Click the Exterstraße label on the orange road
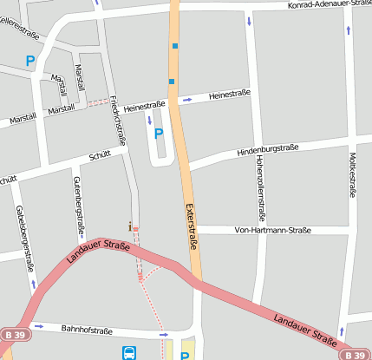(x=190, y=226)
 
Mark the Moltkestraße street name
(x=352, y=173)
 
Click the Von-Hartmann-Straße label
(x=272, y=230)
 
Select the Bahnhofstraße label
(x=88, y=330)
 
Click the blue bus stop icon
(x=129, y=353)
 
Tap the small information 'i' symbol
(x=130, y=226)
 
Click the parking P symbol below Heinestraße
(x=158, y=134)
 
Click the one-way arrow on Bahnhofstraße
(x=162, y=334)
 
